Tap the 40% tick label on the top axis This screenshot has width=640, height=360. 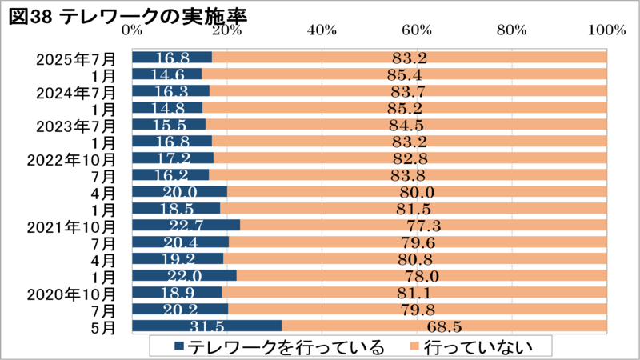[322, 30]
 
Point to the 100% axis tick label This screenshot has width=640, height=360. [605, 30]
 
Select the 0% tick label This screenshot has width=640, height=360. [132, 30]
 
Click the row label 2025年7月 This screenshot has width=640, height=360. [76, 58]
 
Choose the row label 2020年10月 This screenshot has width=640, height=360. [71, 292]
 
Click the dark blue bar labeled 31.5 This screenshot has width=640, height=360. [206, 326]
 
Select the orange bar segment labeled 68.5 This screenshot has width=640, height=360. [444, 326]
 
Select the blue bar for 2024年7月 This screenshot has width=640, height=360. [170, 91]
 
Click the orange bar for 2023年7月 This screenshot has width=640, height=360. [406, 125]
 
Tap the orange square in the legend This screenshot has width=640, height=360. [414, 346]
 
